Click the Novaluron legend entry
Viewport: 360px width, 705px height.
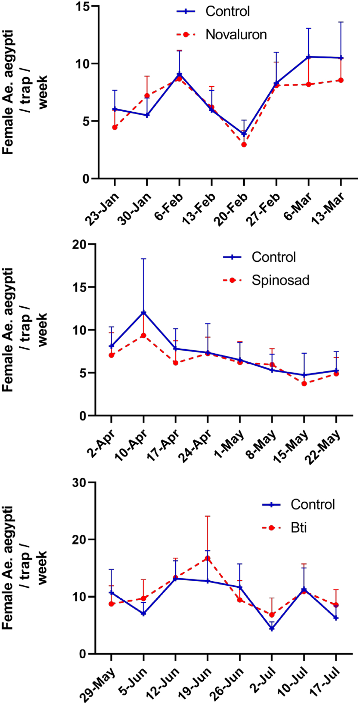pos(236,35)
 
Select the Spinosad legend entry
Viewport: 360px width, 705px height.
pos(280,280)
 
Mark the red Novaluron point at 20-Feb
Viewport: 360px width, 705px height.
pos(244,144)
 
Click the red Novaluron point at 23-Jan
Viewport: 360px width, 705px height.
pos(115,127)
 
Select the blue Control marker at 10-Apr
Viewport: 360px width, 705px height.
pos(143,312)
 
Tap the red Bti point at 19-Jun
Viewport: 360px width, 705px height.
pos(207,558)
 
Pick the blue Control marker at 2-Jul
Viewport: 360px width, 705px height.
pos(272,628)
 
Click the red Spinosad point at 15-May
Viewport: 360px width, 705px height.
pos(304,383)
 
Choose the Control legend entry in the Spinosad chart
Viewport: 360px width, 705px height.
pos(273,257)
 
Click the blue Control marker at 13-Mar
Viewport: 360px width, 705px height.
pos(341,58)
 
